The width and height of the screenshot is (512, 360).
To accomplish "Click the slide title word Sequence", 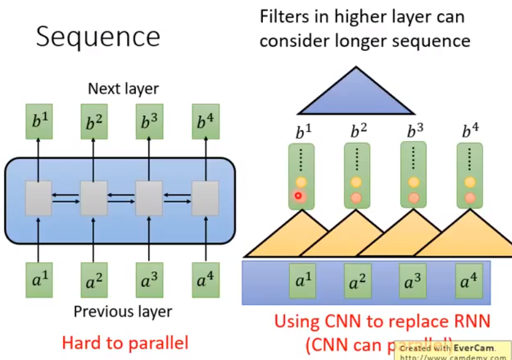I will [x=97, y=37].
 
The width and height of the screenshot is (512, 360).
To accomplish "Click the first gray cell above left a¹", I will [x=38, y=198].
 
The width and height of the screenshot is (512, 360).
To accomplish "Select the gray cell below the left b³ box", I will [x=149, y=198].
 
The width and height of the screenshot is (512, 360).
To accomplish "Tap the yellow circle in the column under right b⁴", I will [x=469, y=183].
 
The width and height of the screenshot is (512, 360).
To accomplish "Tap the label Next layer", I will [x=123, y=89].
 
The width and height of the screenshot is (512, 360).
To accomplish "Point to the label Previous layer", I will [x=123, y=312].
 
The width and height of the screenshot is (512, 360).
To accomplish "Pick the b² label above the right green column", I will [x=359, y=132].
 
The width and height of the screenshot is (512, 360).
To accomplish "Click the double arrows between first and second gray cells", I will [x=66, y=198].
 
